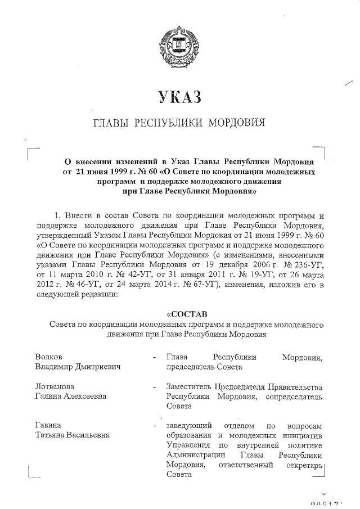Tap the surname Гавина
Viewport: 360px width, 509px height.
click(48, 425)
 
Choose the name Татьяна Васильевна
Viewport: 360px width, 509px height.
click(72, 435)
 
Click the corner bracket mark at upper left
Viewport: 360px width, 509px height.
click(32, 151)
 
